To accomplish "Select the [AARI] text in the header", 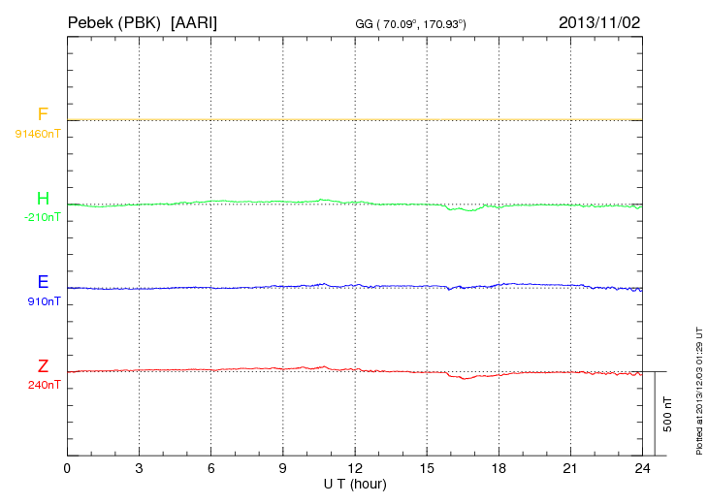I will click(194, 21).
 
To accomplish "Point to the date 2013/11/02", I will click(599, 21).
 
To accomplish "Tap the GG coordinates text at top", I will click(411, 22).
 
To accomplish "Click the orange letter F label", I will click(43, 115).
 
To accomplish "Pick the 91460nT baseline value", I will click(37, 133).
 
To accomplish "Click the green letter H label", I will click(43, 200).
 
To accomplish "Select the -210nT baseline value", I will click(42, 217).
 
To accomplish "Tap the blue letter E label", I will click(43, 283).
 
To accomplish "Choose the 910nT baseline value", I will click(44, 300).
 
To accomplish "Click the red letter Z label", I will click(43, 366).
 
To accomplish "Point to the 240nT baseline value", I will click(44, 384).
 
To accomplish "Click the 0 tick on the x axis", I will click(67, 468).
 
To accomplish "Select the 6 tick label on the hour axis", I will click(210, 468).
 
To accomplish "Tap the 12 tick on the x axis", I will click(355, 468).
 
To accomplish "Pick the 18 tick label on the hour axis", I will click(499, 468).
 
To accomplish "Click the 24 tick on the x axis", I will click(642, 468).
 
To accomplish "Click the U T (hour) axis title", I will click(355, 483).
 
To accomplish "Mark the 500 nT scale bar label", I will click(667, 414).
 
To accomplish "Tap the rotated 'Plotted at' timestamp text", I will click(698, 389).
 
